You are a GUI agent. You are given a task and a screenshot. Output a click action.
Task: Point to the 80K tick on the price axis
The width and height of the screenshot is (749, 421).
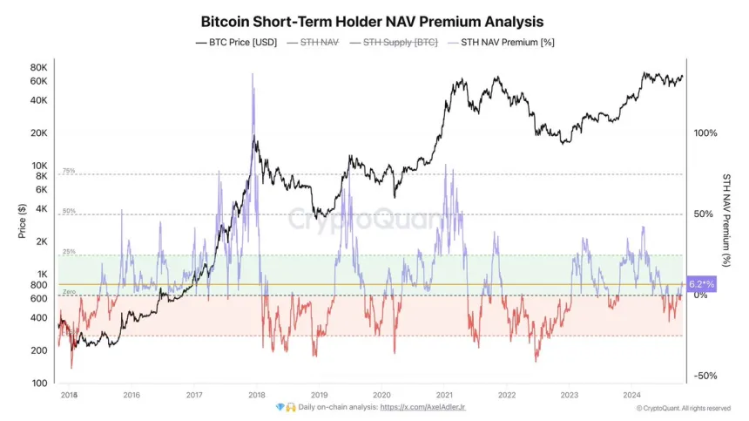pos(37,67)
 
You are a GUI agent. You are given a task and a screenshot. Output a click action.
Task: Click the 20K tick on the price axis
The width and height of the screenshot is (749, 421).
pos(37,133)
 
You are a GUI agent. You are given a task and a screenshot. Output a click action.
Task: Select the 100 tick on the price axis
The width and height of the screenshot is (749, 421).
pos(39,384)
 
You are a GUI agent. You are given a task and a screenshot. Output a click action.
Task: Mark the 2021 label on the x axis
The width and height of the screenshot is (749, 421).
pos(445,395)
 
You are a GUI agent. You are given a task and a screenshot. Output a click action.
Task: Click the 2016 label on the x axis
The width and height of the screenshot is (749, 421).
pos(132,395)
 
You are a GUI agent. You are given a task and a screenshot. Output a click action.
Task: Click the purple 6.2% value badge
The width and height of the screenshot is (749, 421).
pos(701,284)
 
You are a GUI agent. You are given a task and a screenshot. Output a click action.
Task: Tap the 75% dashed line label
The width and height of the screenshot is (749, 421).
pos(69,171)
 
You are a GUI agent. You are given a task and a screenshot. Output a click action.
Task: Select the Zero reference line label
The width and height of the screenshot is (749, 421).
pos(69,292)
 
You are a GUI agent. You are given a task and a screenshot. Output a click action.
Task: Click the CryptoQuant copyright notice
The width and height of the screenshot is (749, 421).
pos(683,408)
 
